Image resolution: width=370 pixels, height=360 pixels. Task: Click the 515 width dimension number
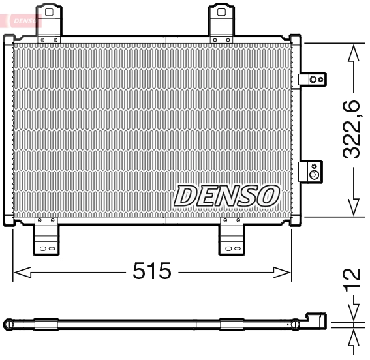[152, 271]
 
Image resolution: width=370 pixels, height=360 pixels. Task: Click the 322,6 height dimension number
[352, 130]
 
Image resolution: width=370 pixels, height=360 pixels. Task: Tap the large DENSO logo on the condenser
[227, 194]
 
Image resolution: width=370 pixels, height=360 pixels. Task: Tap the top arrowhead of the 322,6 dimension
[354, 52]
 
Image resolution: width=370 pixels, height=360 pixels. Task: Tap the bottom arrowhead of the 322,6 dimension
[354, 207]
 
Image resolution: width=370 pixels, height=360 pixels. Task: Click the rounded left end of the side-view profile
[8, 323]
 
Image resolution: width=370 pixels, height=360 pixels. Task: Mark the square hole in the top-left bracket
[48, 12]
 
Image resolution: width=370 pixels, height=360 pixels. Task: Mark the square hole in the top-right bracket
[222, 12]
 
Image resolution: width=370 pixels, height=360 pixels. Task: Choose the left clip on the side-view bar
[46, 323]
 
